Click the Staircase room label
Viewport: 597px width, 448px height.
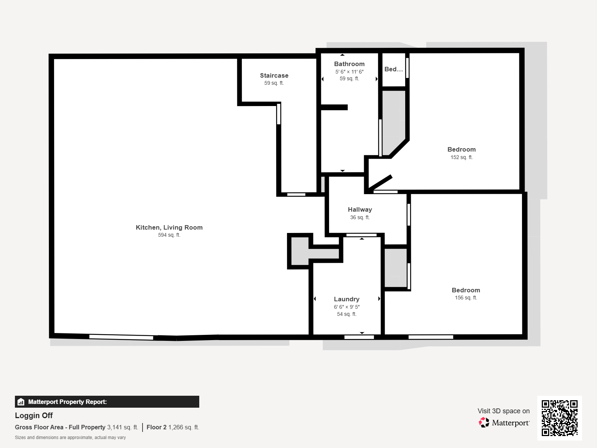pos(274,75)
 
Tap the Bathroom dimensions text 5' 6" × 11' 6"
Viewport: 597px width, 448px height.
pos(349,72)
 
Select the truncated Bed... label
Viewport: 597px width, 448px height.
pos(394,69)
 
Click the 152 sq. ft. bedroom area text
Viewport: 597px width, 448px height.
pos(462,157)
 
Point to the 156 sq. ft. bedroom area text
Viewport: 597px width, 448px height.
pos(466,298)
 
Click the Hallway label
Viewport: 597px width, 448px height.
pos(360,209)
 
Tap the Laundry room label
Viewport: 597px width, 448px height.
pos(347,299)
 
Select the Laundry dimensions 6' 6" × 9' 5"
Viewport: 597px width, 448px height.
pos(347,307)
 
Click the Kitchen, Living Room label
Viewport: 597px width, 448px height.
pos(169,227)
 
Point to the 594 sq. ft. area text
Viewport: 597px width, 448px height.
pos(169,235)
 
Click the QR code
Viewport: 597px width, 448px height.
pos(559,418)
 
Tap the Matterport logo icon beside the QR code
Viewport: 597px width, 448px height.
pos(484,423)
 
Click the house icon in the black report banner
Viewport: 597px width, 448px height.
pos(21,402)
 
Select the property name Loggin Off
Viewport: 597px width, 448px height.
pos(34,416)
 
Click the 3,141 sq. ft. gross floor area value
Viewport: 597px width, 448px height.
pos(123,427)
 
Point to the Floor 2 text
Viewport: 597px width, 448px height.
pos(156,427)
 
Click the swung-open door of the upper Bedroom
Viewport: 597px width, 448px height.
pos(380,183)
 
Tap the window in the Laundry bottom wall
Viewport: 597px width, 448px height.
pos(359,337)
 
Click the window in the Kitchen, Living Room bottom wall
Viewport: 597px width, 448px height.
pos(121,337)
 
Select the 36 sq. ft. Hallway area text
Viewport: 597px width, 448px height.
pos(360,217)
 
